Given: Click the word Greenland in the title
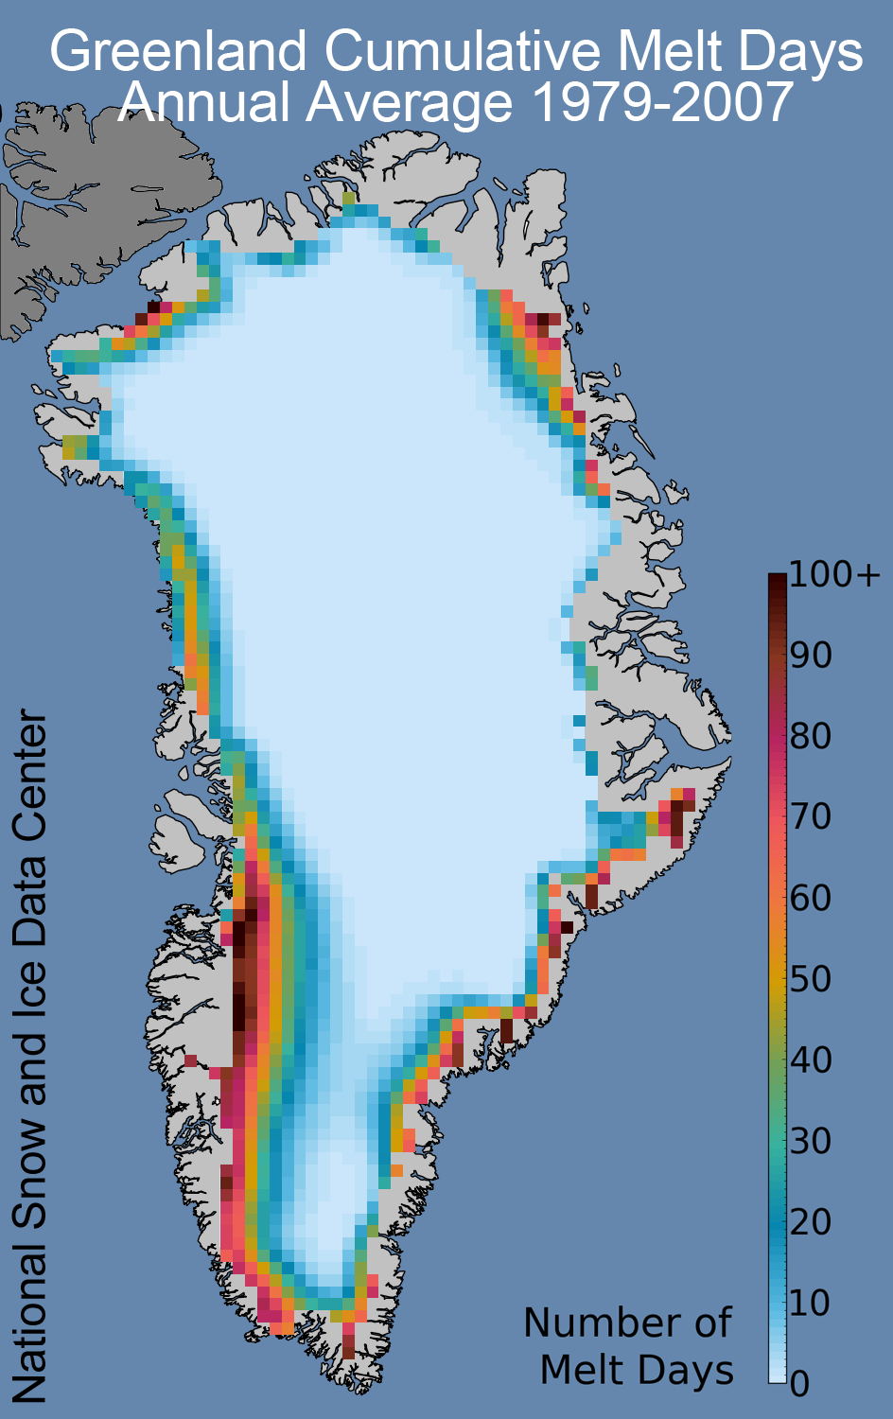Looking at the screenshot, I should tap(179, 52).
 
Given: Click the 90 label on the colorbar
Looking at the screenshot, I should tap(811, 655).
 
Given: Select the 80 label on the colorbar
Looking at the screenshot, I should tap(811, 736).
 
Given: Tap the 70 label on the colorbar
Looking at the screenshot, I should tap(811, 816).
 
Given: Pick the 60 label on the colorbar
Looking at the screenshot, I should tap(811, 897).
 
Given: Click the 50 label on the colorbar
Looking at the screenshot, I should tap(811, 978).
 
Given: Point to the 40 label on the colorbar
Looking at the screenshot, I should tap(811, 1060).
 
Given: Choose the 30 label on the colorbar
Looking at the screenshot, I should tap(811, 1140).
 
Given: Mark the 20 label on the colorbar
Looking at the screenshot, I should tap(811, 1221).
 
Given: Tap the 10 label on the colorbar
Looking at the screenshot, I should tap(811, 1302).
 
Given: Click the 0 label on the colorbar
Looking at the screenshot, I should tap(800, 1384).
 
